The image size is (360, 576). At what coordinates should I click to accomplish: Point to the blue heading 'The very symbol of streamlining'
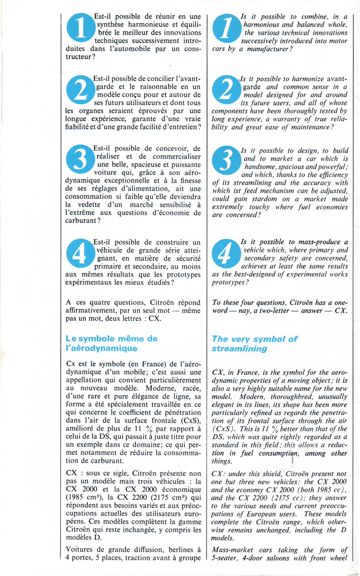[x=254, y=344]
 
